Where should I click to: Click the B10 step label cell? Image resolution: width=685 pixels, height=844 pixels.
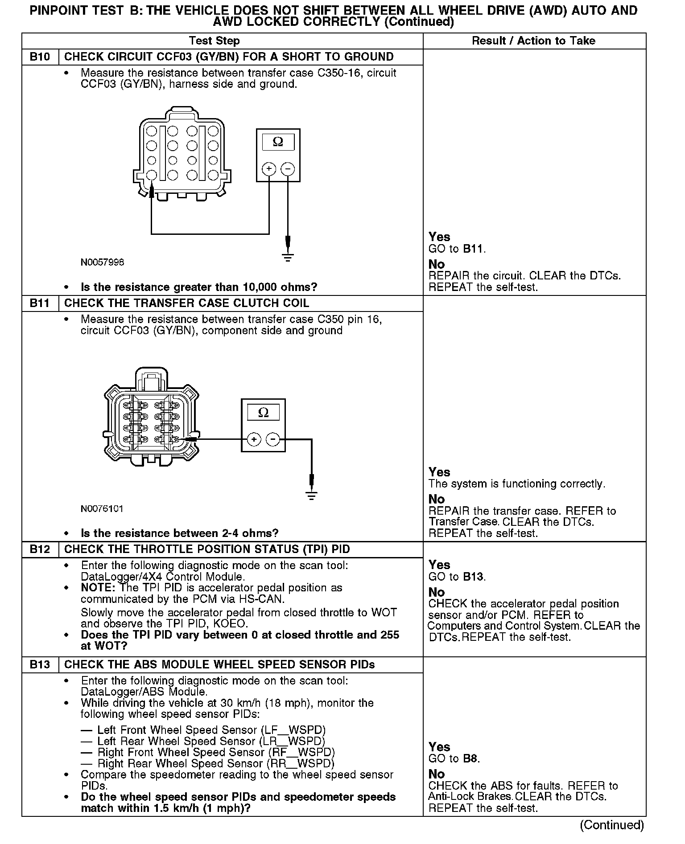[x=40, y=57]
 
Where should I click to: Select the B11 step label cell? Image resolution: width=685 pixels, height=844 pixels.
[x=40, y=303]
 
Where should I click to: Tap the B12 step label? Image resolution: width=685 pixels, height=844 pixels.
[x=40, y=549]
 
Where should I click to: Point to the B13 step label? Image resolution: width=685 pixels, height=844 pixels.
[x=40, y=664]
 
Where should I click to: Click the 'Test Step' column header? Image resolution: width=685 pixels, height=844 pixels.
[x=214, y=41]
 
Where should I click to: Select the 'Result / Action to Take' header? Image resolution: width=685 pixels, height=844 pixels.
[x=533, y=41]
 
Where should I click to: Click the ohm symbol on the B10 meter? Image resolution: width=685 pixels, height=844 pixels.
[x=278, y=142]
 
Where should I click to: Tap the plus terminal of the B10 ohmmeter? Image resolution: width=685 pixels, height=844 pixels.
[x=269, y=169]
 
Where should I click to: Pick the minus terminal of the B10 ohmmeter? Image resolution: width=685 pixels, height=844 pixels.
[x=288, y=169]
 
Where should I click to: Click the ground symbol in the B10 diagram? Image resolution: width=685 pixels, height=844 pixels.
[x=288, y=257]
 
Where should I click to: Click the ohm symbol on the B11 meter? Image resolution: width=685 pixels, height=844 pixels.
[x=263, y=413]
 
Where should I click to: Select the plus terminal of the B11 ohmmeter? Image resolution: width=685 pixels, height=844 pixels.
[x=254, y=440]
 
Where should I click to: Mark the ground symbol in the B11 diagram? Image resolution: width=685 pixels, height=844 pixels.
[x=312, y=496]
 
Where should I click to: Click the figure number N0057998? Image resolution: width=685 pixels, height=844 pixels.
[x=102, y=262]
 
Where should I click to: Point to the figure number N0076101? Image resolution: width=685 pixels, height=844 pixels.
[x=102, y=509]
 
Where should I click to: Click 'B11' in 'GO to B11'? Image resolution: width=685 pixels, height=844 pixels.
[x=473, y=249]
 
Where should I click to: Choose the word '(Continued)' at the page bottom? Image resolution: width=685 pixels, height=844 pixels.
[x=612, y=825]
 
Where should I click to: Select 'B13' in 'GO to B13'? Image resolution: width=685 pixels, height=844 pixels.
[x=473, y=577]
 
